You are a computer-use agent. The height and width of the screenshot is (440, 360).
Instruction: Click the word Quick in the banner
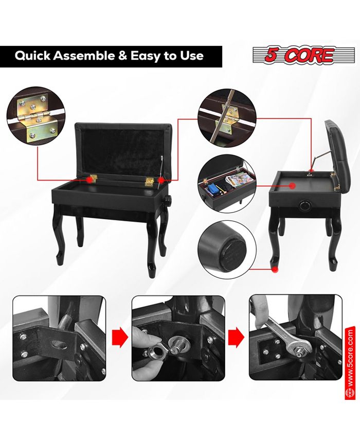(32, 56)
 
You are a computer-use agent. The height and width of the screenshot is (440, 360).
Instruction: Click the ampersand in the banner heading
(122, 56)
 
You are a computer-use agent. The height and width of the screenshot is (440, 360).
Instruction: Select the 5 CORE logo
(300, 55)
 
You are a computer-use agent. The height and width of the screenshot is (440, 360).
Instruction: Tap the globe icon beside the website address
(350, 393)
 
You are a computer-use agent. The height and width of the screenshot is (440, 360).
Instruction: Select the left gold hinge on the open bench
(93, 179)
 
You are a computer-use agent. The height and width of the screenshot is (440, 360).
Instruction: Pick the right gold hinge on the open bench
(149, 181)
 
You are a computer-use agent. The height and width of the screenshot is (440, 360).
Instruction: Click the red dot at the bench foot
(275, 269)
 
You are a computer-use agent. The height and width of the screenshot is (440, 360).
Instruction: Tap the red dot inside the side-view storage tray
(292, 185)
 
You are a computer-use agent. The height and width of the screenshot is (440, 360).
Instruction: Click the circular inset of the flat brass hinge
(36, 116)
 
